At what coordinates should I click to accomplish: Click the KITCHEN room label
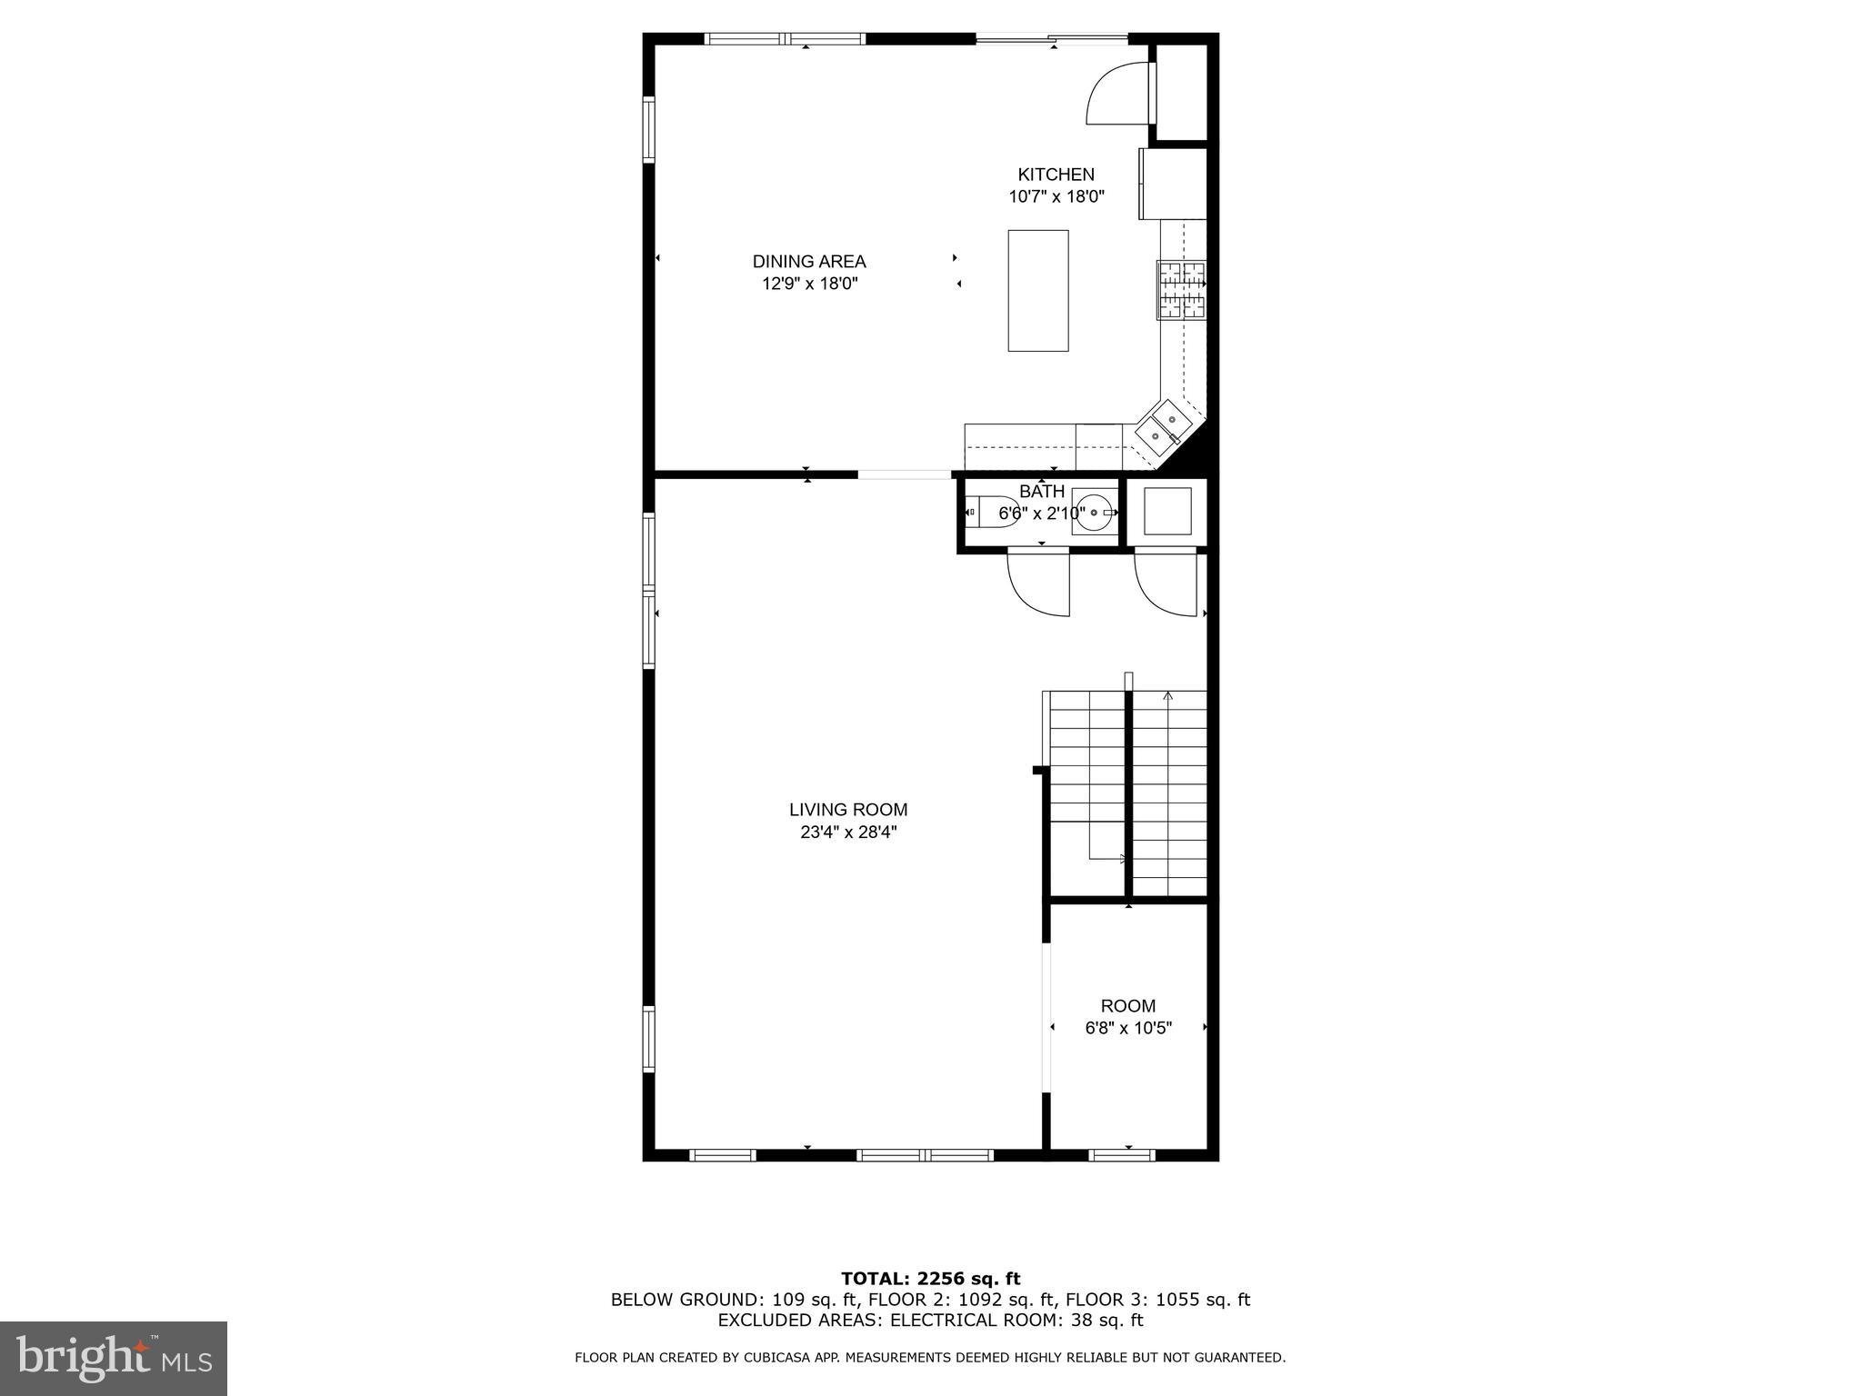(x=1056, y=174)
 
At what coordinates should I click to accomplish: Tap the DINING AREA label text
(x=808, y=262)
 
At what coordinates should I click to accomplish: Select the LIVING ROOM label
(x=847, y=810)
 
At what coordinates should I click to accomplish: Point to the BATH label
(x=1041, y=492)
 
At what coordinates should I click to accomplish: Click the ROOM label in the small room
(x=1127, y=1006)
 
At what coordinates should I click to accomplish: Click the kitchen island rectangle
(x=1037, y=291)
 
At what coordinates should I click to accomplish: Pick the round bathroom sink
(x=1094, y=513)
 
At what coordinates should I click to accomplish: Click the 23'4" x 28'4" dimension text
(x=847, y=833)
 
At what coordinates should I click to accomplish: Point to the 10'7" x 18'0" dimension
(x=1056, y=197)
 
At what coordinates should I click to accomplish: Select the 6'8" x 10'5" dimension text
(x=1127, y=1029)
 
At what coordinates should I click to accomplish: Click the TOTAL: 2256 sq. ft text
(x=930, y=1280)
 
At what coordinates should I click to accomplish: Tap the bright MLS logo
(x=114, y=1358)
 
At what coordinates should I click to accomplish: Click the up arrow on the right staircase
(x=1167, y=698)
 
